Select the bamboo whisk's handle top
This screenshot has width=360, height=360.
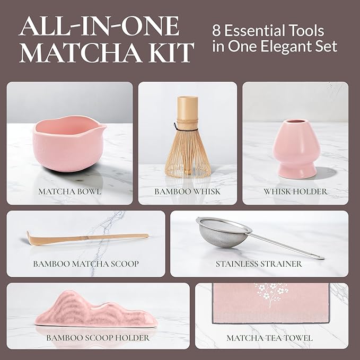(x=187, y=101)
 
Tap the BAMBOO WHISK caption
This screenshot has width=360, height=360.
(x=187, y=191)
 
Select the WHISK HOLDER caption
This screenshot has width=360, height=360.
(x=295, y=191)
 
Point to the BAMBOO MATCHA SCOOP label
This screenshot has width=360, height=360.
(x=86, y=264)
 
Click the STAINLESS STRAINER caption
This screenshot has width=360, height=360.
(x=259, y=264)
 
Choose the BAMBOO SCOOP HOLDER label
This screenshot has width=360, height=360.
(x=98, y=337)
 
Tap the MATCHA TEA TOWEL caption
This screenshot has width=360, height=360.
(x=269, y=337)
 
